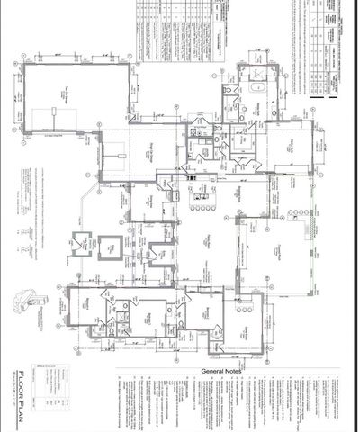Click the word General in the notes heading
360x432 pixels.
(209, 371)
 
